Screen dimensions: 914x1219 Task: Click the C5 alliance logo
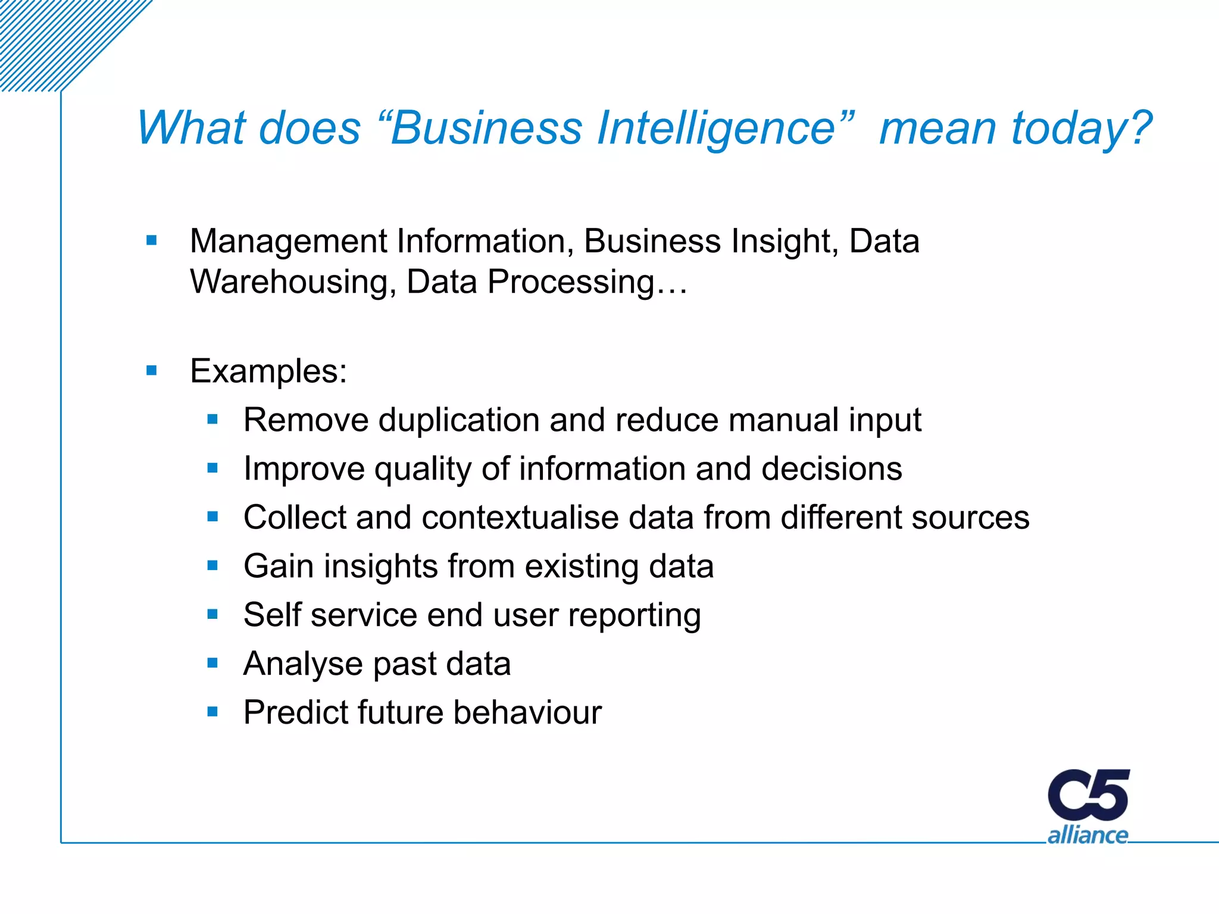point(1088,806)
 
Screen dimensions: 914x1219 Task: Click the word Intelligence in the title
point(717,128)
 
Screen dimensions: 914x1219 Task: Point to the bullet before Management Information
point(152,241)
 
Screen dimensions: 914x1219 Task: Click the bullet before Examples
point(152,371)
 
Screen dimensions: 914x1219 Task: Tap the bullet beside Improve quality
point(212,468)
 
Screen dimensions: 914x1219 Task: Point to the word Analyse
point(303,664)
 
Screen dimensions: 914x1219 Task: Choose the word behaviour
point(527,712)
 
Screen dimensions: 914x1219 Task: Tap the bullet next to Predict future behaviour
point(212,711)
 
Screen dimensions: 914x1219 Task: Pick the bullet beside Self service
point(212,613)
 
